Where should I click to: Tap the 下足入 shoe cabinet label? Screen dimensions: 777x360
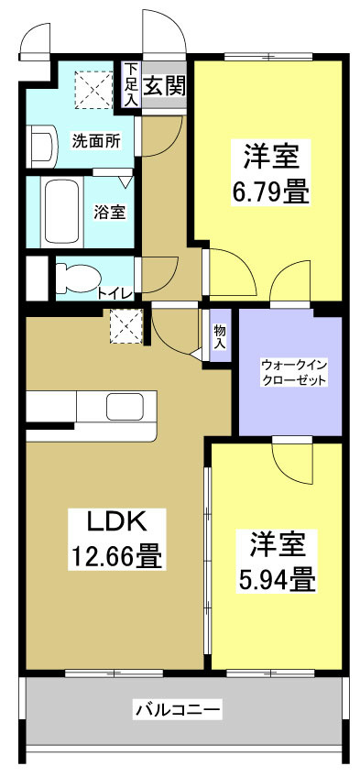(132, 83)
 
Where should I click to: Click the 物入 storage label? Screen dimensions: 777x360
(220, 335)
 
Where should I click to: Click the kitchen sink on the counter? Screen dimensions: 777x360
(124, 406)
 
